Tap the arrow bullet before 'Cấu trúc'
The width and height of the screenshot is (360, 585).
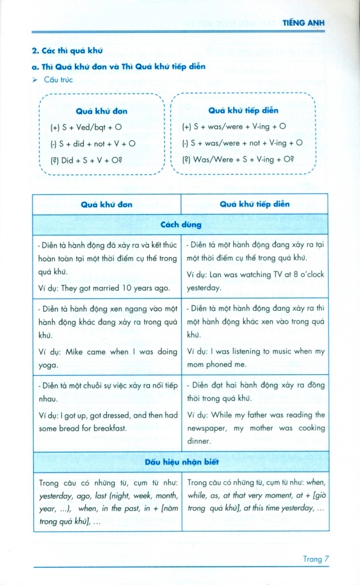(35, 80)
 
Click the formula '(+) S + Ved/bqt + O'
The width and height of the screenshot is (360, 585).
(86, 127)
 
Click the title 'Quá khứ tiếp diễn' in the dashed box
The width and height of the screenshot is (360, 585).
(243, 110)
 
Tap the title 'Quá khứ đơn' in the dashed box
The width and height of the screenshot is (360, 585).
(101, 111)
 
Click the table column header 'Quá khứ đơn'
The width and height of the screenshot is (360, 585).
(106, 204)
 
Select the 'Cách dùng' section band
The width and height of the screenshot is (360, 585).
(181, 225)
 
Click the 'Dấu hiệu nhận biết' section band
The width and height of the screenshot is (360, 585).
(181, 462)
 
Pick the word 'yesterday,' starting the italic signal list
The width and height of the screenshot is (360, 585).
(56, 496)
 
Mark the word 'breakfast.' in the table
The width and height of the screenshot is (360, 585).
(107, 428)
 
